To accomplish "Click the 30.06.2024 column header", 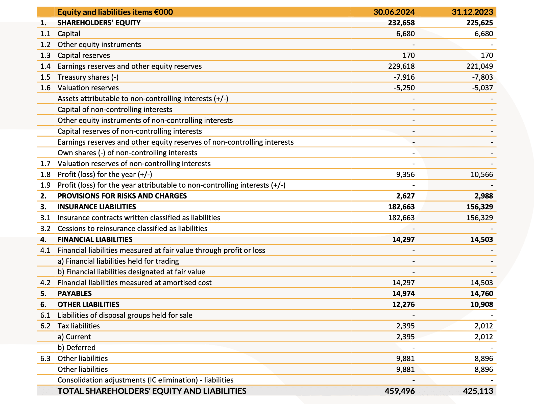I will pyautogui.click(x=394, y=12).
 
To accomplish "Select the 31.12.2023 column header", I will pyautogui.click(x=472, y=12).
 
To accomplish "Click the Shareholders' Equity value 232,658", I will pyautogui.click(x=401, y=23).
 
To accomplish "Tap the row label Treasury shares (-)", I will pyautogui.click(x=88, y=77).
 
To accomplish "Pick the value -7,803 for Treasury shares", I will pyautogui.click(x=482, y=77).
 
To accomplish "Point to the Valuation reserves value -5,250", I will pyautogui.click(x=404, y=88).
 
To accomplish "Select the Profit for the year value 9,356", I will pyautogui.click(x=405, y=174).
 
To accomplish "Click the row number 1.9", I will pyautogui.click(x=45, y=185).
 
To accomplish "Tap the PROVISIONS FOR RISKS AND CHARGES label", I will pyautogui.click(x=122, y=196).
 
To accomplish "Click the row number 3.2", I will pyautogui.click(x=45, y=229).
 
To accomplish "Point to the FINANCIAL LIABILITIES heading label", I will pyautogui.click(x=95, y=239).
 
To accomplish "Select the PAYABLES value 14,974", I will pyautogui.click(x=403, y=294).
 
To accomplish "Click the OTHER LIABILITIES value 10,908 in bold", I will pyautogui.click(x=481, y=304).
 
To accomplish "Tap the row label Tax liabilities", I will pyautogui.click(x=79, y=326).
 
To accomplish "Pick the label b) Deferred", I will pyautogui.click(x=76, y=348).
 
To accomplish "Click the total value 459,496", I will pyautogui.click(x=399, y=391).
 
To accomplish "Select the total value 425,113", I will pyautogui.click(x=478, y=391).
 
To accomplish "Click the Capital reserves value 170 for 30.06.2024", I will pyautogui.click(x=408, y=55).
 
